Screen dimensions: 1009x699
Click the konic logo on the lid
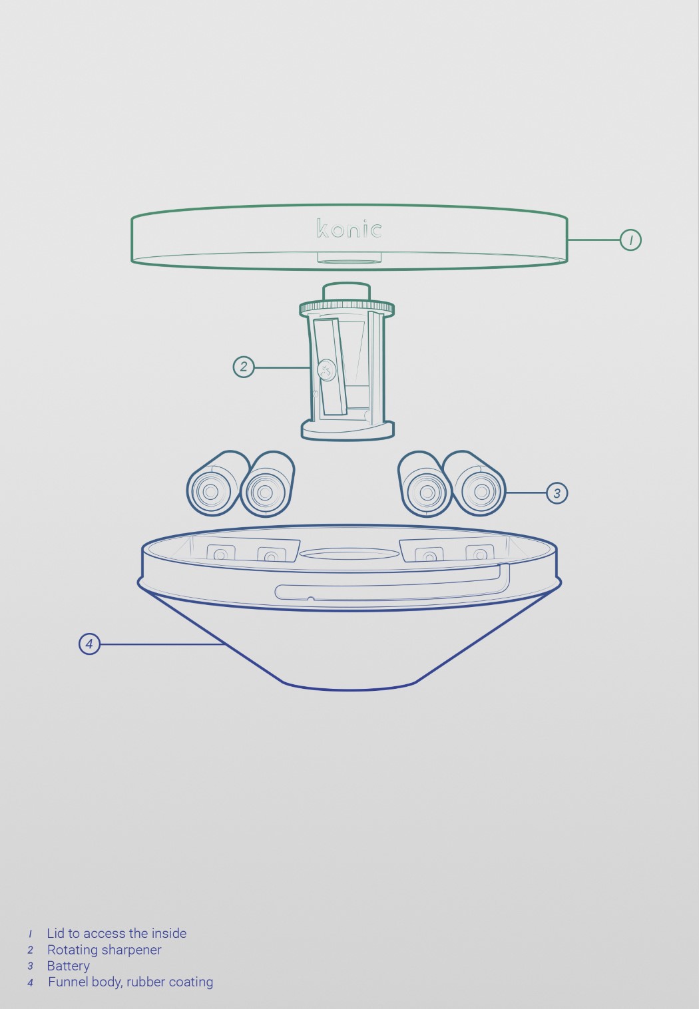click(x=349, y=229)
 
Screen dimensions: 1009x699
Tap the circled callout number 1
click(x=630, y=240)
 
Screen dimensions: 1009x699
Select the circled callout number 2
click(x=244, y=367)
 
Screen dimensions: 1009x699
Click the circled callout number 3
click(x=557, y=493)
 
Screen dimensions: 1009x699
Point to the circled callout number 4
click(x=89, y=644)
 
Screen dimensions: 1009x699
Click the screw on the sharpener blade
click(x=326, y=370)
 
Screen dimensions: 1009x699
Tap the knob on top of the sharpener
click(x=346, y=292)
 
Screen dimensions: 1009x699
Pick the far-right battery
click(x=478, y=486)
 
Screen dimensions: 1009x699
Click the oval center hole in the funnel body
click(x=349, y=554)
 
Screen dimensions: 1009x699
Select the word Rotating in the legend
click(x=72, y=950)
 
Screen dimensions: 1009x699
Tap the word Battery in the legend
click(x=68, y=966)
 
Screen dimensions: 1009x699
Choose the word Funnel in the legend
click(x=68, y=982)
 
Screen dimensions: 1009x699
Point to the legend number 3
click(x=30, y=966)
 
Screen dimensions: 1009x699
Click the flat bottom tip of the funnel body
click(x=349, y=687)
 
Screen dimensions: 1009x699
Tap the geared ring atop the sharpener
click(x=347, y=309)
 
